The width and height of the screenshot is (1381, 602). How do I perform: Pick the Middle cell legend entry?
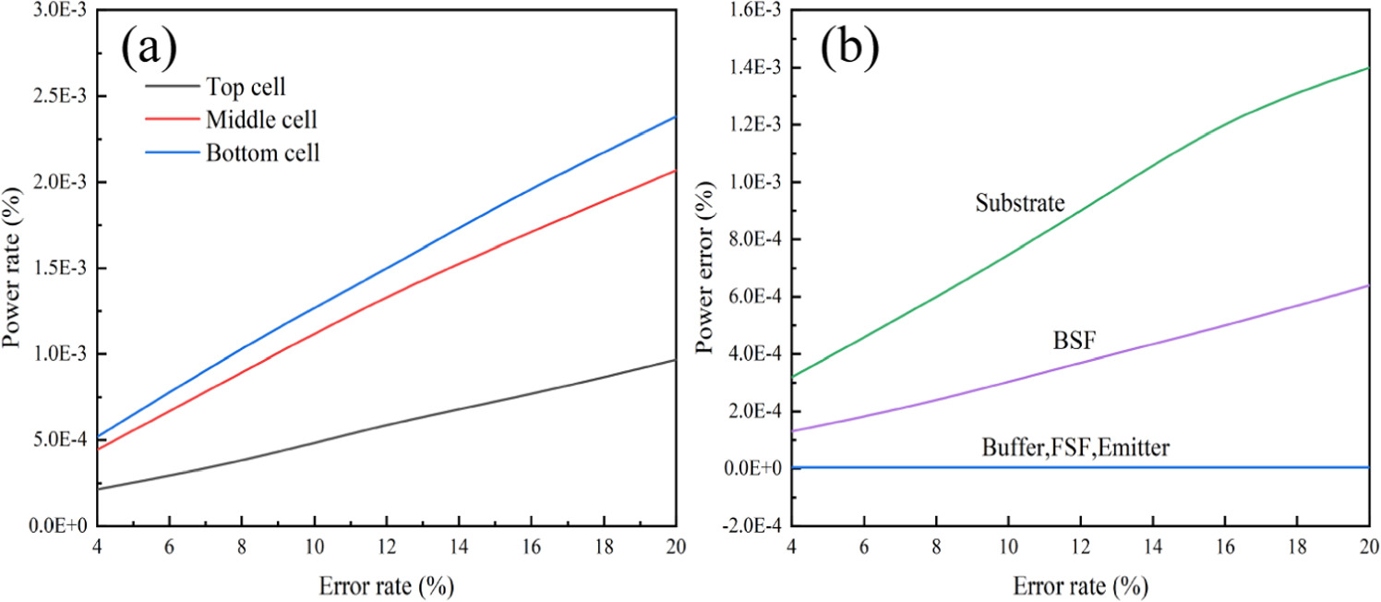269,120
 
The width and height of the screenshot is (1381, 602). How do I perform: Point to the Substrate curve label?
1020,204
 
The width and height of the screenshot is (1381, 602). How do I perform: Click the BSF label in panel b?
1073,341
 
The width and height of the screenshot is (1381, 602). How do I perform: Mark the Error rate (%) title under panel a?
386,586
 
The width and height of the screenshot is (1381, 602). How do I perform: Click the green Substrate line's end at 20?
1367,67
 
